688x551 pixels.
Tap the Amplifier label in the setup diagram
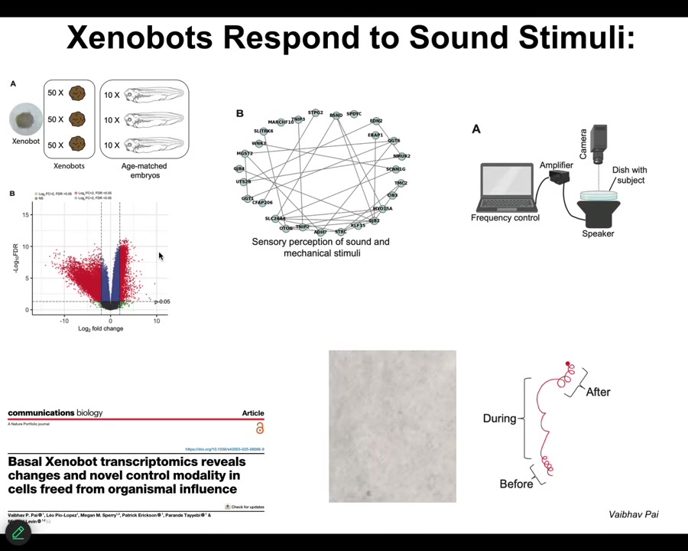click(556, 165)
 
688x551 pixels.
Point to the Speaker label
click(598, 233)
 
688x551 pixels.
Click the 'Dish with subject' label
click(631, 175)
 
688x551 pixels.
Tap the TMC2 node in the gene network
click(401, 183)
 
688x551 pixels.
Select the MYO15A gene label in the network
click(382, 208)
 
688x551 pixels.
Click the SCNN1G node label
click(395, 169)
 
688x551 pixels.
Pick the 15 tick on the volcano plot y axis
click(26, 215)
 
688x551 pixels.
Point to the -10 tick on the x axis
click(64, 321)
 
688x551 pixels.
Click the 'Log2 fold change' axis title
click(100, 329)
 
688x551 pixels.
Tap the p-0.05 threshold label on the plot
click(162, 302)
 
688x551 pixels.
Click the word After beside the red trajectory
click(598, 392)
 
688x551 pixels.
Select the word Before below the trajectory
click(516, 484)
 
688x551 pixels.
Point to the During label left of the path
click(499, 419)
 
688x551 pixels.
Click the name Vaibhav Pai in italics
click(633, 514)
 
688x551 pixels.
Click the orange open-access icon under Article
click(260, 429)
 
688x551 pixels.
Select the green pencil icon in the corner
click(18, 533)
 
